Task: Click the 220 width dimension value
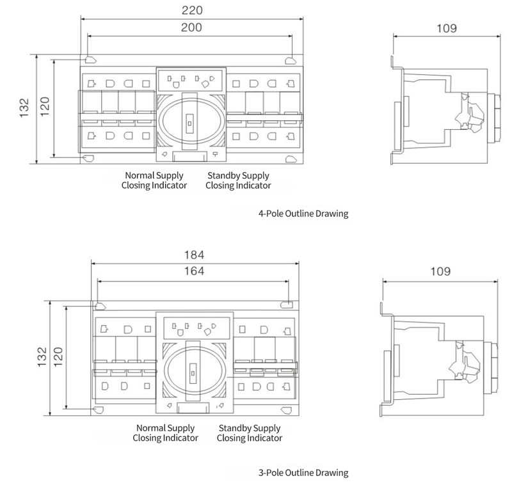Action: pyautogui.click(x=192, y=10)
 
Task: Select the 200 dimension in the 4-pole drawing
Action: pyautogui.click(x=191, y=28)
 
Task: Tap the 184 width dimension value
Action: pyautogui.click(x=195, y=255)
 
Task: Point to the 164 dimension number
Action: pyautogui.click(x=195, y=271)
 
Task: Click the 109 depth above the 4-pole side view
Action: pyautogui.click(x=447, y=28)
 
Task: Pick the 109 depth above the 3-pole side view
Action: pyautogui.click(x=440, y=271)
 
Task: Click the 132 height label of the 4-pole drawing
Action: pyautogui.click(x=24, y=107)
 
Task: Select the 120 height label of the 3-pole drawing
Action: pyautogui.click(x=58, y=357)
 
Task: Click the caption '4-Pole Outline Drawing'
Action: pyautogui.click(x=303, y=214)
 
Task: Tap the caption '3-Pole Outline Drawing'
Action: pyautogui.click(x=303, y=473)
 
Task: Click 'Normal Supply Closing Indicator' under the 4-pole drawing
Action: pyautogui.click(x=154, y=180)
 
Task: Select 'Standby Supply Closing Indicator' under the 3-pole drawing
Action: pyautogui.click(x=250, y=433)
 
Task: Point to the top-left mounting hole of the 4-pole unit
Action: pyautogui.click(x=90, y=60)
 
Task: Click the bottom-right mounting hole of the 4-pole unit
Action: pyautogui.click(x=291, y=159)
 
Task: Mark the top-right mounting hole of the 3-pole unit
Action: pyautogui.click(x=286, y=305)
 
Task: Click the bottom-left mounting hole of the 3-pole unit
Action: pyautogui.click(x=99, y=410)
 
